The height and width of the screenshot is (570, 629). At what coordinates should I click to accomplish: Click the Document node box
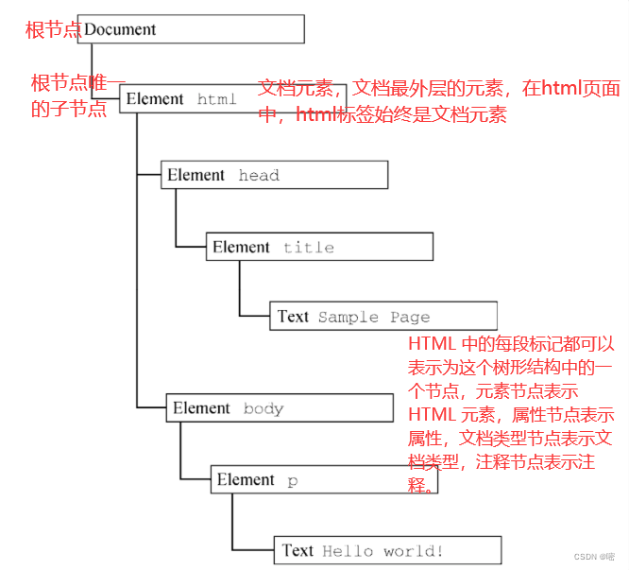tap(193, 29)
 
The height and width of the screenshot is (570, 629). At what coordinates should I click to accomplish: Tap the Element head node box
tap(274, 175)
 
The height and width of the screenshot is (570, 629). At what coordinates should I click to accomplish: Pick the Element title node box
tap(319, 247)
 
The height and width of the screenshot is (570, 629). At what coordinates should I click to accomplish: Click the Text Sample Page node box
tap(383, 317)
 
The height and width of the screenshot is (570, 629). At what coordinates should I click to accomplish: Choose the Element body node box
tap(280, 408)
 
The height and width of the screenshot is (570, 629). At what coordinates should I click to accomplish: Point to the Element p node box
tap(324, 480)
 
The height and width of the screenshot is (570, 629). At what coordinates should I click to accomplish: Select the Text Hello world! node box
tap(388, 551)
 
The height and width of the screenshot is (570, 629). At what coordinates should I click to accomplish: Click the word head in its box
tap(259, 176)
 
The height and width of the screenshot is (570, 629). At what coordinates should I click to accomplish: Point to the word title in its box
tap(309, 248)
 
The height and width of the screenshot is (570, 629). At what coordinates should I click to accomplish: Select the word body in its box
tap(263, 409)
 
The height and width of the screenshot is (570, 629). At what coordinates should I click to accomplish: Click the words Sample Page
tap(374, 318)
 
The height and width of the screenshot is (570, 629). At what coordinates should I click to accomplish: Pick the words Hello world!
tap(382, 551)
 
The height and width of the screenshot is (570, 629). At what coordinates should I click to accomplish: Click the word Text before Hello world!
tap(297, 551)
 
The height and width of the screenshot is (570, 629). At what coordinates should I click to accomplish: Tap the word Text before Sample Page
tap(293, 317)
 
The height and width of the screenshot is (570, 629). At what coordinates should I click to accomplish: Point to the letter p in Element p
tap(293, 481)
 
